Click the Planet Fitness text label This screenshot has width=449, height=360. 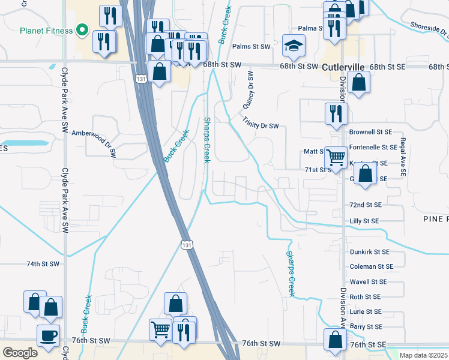pos(46,31)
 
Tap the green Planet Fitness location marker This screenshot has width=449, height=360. pos(83,31)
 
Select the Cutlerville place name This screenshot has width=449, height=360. pos(343,67)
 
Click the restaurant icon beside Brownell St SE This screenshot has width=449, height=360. pos(336,113)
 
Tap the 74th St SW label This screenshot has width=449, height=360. pos(43,264)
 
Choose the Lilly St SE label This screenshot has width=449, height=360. pos(364,221)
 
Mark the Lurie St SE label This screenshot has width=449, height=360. pos(365,311)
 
